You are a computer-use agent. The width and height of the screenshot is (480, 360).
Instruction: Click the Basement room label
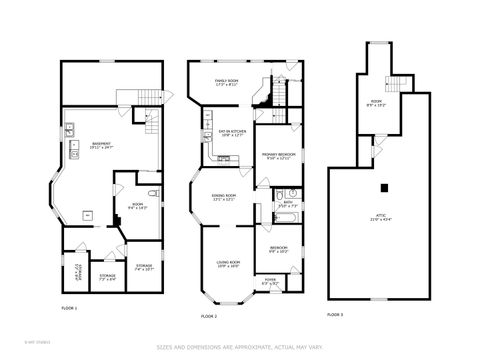(101, 145)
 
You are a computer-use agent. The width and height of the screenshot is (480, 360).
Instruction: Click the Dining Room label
(225, 198)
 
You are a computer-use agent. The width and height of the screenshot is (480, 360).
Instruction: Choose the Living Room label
(227, 264)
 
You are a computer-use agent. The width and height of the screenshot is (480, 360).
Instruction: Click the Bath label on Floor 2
(287, 204)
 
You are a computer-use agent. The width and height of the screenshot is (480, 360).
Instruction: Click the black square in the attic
(383, 188)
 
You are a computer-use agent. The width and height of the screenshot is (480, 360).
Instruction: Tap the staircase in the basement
(151, 124)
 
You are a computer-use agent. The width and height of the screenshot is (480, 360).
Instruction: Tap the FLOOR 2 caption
(209, 315)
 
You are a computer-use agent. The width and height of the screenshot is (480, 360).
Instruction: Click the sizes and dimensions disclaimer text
(239, 347)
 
